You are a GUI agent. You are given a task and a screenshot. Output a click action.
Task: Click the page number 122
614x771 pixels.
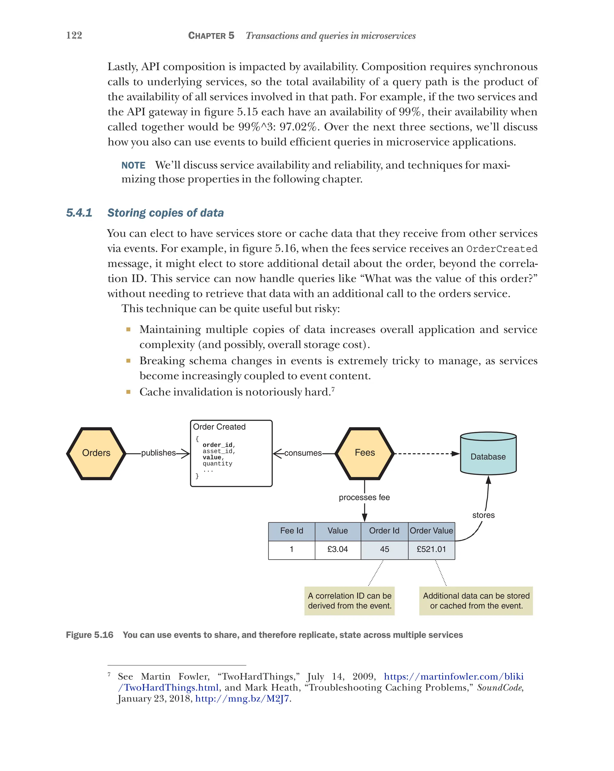tap(74, 35)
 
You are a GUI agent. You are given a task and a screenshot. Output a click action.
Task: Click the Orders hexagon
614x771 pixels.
tap(96, 453)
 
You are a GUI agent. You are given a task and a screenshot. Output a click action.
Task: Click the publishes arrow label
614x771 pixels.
tap(158, 453)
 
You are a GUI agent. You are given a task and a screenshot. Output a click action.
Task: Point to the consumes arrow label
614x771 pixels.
tap(303, 453)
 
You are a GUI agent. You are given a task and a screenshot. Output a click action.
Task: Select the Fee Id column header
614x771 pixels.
tap(291, 531)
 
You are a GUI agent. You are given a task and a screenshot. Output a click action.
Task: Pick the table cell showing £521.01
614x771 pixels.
tap(431, 549)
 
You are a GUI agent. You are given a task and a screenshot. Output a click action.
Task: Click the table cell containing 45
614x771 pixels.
tap(384, 549)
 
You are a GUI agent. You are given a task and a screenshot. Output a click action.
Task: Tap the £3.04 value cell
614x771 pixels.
tap(337, 549)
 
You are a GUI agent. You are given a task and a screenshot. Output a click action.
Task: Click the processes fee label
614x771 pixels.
tap(364, 497)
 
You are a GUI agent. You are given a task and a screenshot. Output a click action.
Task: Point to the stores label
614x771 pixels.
tap(483, 515)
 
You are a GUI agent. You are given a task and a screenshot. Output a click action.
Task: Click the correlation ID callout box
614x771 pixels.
tap(349, 601)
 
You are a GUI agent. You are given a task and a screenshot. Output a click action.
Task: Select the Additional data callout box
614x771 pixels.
tap(476, 601)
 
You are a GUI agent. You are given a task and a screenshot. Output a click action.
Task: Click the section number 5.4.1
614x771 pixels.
tap(79, 213)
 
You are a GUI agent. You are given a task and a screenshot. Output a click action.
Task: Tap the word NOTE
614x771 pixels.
tap(133, 165)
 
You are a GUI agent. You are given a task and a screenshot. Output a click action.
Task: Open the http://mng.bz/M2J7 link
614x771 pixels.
tap(242, 698)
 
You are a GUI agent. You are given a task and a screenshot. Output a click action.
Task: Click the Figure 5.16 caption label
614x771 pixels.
tap(89, 635)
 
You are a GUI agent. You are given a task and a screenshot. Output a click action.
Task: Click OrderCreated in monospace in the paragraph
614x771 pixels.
tap(502, 249)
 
